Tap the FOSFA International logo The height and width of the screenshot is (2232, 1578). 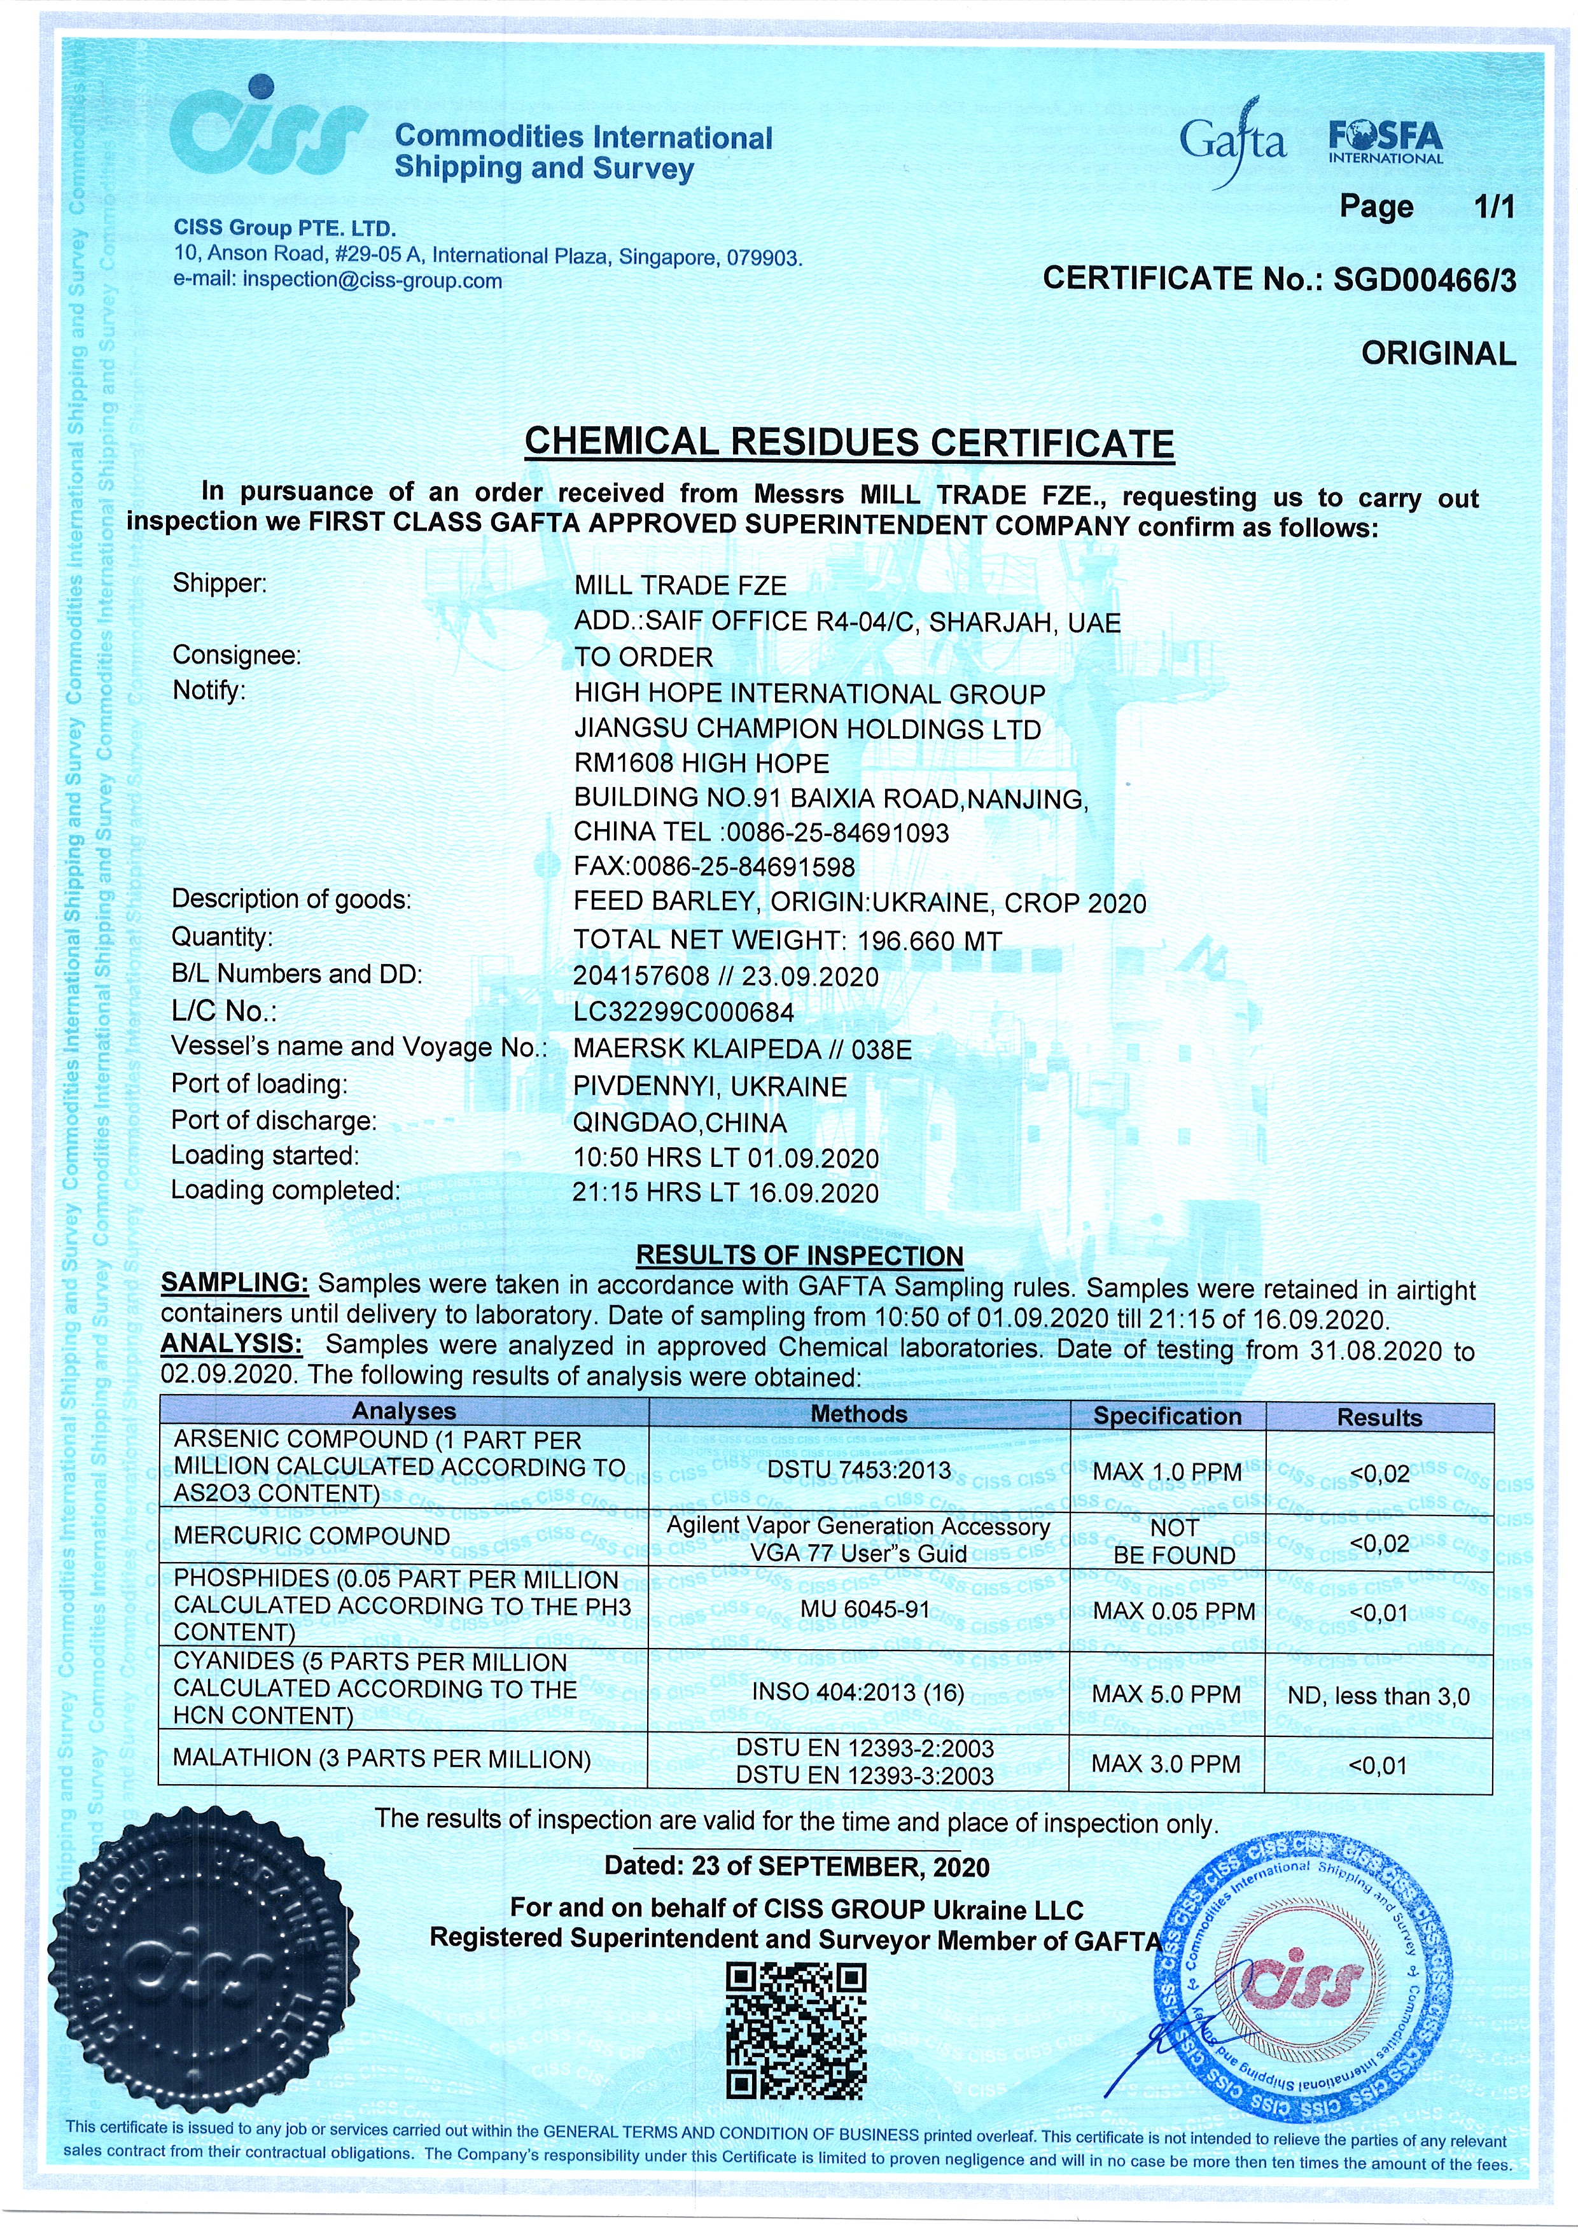[x=1385, y=142]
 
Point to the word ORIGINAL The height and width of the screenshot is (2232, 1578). [x=1438, y=353]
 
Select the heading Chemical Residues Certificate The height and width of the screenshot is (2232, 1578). [x=849, y=443]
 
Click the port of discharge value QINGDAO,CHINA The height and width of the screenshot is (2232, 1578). [x=681, y=1123]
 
